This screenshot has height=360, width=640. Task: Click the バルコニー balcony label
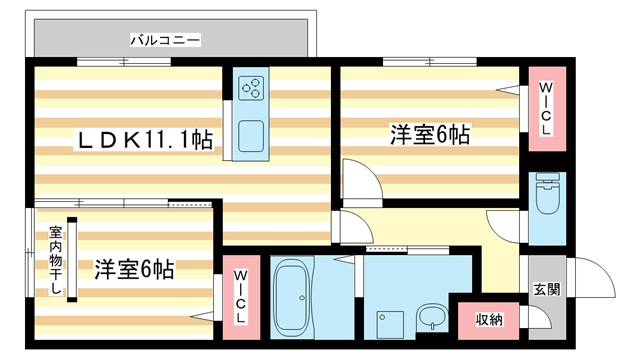(x=166, y=40)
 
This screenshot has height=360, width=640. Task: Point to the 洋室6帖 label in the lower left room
(x=134, y=269)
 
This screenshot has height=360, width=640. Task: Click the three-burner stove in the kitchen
(x=251, y=89)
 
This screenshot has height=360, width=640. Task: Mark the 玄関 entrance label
(x=547, y=290)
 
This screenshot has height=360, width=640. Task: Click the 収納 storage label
(x=489, y=320)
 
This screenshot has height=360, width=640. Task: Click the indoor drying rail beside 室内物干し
(x=72, y=259)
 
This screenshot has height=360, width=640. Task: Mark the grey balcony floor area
(x=250, y=40)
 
